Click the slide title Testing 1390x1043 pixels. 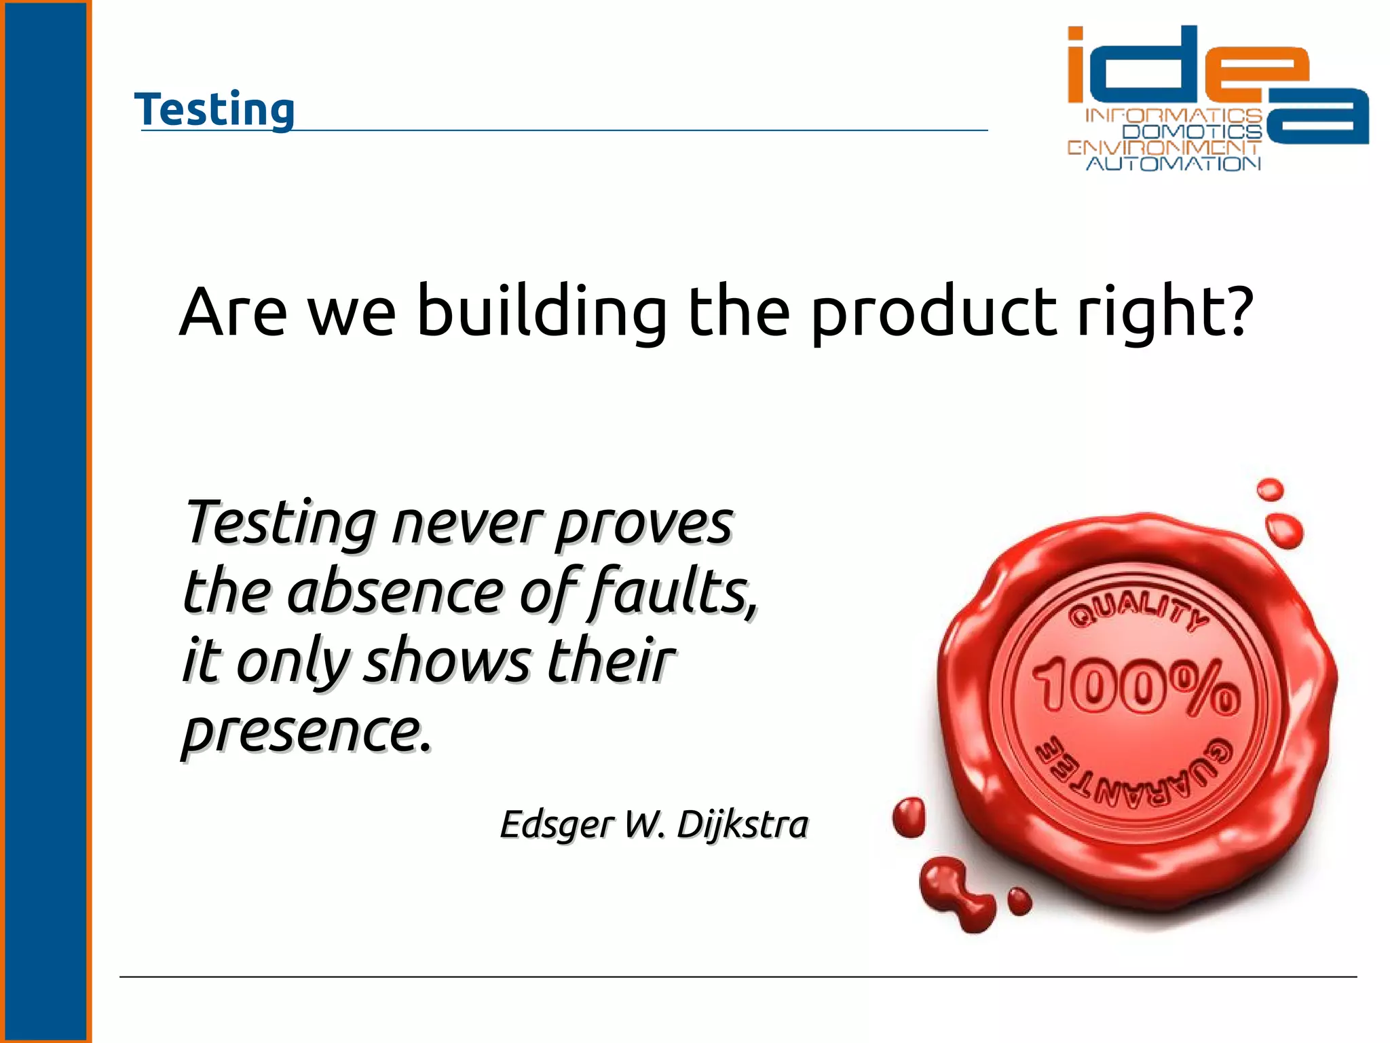(x=214, y=109)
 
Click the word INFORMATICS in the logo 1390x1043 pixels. (x=1173, y=115)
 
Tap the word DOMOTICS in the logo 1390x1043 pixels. (x=1192, y=132)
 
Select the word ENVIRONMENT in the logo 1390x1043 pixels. (x=1163, y=147)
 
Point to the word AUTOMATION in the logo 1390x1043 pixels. (x=1173, y=164)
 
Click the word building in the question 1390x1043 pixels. (x=541, y=312)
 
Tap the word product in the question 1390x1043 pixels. (x=933, y=312)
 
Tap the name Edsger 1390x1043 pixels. (x=557, y=826)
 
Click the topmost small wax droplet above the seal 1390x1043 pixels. (x=1270, y=490)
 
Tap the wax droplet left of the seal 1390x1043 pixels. (x=909, y=817)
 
